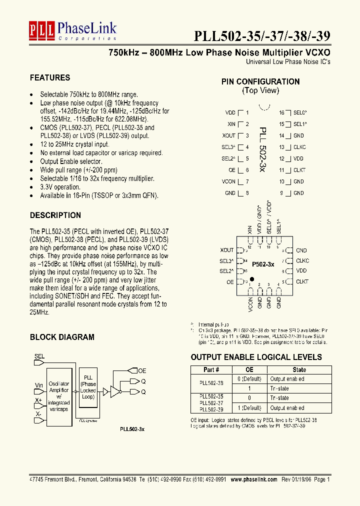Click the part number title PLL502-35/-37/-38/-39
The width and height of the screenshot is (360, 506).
point(261,36)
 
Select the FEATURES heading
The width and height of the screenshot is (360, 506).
point(50,77)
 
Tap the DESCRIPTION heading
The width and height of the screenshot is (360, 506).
point(55,215)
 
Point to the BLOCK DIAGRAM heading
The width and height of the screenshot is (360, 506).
point(62,337)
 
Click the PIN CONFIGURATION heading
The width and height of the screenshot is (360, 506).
point(260,81)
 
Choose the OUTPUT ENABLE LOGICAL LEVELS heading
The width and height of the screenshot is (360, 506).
point(256,357)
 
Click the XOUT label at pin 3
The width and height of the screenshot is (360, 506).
point(228,135)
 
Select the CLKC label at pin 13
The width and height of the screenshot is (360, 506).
point(300,147)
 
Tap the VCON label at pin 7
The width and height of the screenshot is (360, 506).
point(228,181)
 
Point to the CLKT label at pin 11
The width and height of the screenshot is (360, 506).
point(299,170)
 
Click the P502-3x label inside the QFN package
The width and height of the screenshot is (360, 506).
point(262,263)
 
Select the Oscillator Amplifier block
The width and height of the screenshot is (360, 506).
point(59,394)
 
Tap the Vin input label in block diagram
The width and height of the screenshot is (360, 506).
point(38,384)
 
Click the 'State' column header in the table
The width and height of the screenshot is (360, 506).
point(299,369)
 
